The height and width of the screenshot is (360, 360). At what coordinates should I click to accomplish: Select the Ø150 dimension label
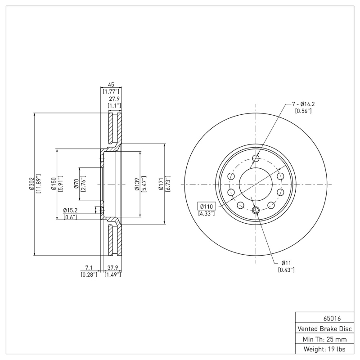pos(53,184)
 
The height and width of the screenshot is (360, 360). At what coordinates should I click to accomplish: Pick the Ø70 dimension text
pos(76,184)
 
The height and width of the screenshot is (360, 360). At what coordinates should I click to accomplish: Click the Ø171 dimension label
pos(161,184)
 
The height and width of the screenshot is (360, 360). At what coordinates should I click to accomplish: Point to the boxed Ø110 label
pos(207,206)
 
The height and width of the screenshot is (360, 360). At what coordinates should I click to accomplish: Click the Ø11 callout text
pos(287,263)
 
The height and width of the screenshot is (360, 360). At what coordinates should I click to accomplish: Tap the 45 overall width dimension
pos(110,84)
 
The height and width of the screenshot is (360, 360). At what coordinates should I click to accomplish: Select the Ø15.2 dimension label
pos(71,210)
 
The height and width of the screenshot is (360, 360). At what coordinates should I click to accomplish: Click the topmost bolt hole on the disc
pos(256,158)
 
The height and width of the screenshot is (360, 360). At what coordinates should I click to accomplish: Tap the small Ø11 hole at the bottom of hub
pos(256,210)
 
